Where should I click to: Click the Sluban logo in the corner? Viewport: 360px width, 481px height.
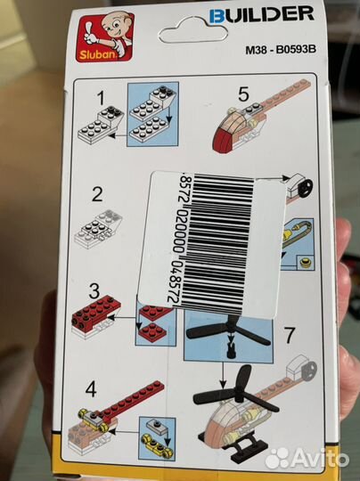coord(105,37)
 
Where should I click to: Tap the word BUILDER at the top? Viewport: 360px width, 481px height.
coord(261,15)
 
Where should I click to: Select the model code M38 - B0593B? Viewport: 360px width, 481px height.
coord(281,49)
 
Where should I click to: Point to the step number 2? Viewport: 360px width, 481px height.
coord(98,194)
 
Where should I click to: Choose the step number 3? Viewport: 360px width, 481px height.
coord(94,290)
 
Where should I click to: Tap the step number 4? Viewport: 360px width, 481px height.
coord(91,389)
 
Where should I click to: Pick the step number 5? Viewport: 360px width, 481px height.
coord(243,94)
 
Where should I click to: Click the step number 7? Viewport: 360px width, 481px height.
coord(290,335)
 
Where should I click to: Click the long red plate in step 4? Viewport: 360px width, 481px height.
coord(132,399)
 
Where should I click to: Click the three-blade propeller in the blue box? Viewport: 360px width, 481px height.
coord(229,333)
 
